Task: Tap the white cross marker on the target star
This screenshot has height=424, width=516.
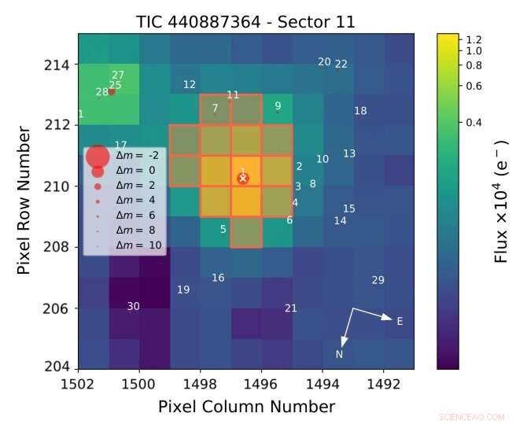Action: (243, 179)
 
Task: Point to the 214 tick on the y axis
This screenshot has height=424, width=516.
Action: (61, 64)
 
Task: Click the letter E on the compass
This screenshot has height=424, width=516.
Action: (400, 321)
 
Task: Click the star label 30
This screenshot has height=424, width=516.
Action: (134, 306)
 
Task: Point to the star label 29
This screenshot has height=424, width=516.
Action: (378, 280)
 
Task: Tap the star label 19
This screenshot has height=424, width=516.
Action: (183, 289)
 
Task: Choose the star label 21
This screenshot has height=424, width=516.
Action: (290, 308)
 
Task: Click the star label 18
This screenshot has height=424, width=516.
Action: (360, 111)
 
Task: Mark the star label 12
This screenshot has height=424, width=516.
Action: (190, 84)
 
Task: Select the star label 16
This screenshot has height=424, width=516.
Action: (218, 278)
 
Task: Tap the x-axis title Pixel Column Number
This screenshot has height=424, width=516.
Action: (246, 407)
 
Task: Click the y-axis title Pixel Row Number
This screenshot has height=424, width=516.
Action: (27, 201)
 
